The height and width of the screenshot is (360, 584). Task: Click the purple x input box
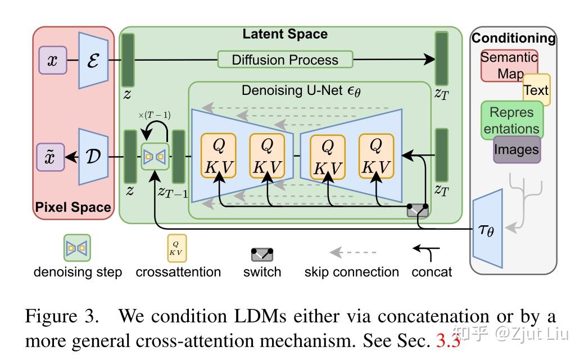click(52, 60)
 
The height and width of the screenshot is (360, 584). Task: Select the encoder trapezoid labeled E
click(93, 60)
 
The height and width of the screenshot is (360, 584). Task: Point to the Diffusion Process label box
click(285, 60)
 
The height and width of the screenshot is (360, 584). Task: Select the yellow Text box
click(536, 90)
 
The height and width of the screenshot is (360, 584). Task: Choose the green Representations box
click(511, 120)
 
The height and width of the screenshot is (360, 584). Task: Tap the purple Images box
click(517, 149)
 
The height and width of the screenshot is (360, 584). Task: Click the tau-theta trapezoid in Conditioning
click(488, 228)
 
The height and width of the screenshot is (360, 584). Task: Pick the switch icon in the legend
click(262, 254)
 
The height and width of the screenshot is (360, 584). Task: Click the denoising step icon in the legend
click(78, 248)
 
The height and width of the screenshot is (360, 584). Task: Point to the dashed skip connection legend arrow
click(352, 252)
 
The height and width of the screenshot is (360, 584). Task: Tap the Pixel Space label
click(73, 207)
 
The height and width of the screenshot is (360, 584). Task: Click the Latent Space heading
click(284, 34)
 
